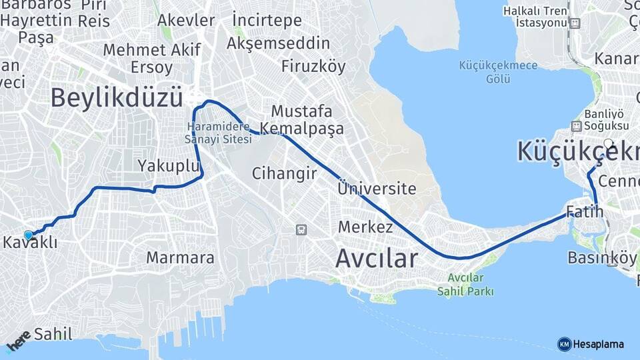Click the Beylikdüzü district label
[x=116, y=97]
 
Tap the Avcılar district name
[x=376, y=258]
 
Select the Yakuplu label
[x=169, y=165]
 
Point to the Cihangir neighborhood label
[x=283, y=173]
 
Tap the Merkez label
[x=365, y=227]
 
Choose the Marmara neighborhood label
[x=180, y=257]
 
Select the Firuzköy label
[x=313, y=67]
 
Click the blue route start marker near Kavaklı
[x=28, y=235]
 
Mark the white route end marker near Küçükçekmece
[x=608, y=143]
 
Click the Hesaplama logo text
[x=598, y=344]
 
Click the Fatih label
[x=585, y=212]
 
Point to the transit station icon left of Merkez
[x=301, y=230]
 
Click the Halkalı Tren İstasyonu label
[x=544, y=17]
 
